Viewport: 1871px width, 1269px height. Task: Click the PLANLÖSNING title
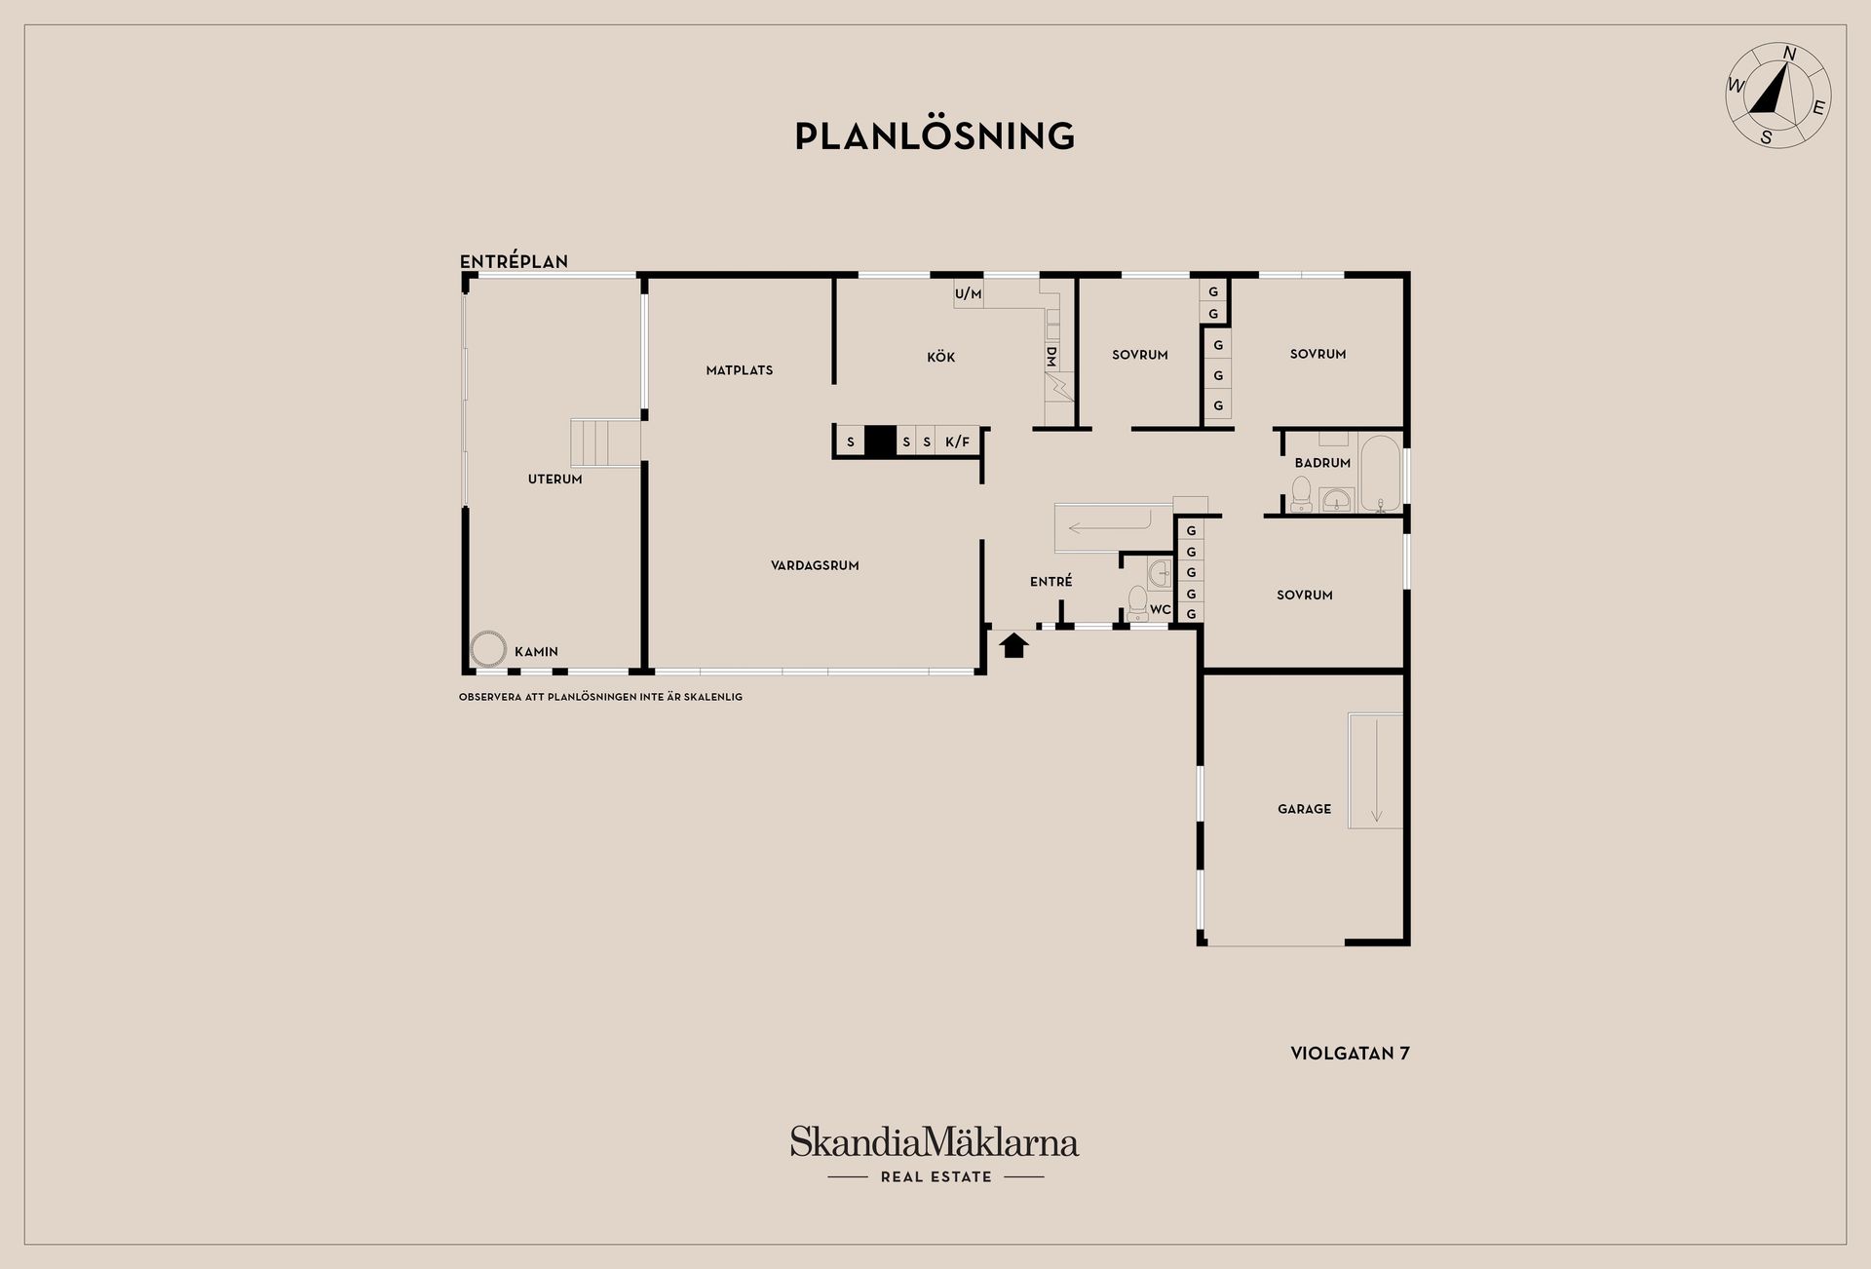pyautogui.click(x=935, y=135)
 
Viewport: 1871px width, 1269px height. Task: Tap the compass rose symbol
pyautogui.click(x=1778, y=96)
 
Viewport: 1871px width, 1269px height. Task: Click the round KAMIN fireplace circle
pyautogui.click(x=487, y=648)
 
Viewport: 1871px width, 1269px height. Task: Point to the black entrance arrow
pyautogui.click(x=1013, y=644)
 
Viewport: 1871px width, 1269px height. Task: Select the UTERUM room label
pyautogui.click(x=555, y=480)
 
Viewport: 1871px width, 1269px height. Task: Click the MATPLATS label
pyautogui.click(x=740, y=370)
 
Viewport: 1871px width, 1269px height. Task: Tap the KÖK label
pyautogui.click(x=941, y=357)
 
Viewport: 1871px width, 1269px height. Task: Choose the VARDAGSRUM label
pyautogui.click(x=815, y=565)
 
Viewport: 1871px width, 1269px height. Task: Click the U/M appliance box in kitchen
pyautogui.click(x=969, y=293)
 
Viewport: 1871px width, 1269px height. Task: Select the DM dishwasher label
pyautogui.click(x=1051, y=357)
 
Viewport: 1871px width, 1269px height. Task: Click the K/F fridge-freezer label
pyautogui.click(x=958, y=442)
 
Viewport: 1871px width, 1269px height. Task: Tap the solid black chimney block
pyautogui.click(x=880, y=442)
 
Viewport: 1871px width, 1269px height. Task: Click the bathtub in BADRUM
pyautogui.click(x=1381, y=474)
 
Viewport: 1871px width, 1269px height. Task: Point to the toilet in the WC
pyautogui.click(x=1137, y=601)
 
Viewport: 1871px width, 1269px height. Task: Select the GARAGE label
pyautogui.click(x=1304, y=809)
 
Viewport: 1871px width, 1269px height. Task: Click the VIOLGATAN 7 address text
pyautogui.click(x=1350, y=1054)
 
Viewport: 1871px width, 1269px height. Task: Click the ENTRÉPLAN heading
pyautogui.click(x=514, y=261)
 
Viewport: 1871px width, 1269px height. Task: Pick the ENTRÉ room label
pyautogui.click(x=1051, y=582)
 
